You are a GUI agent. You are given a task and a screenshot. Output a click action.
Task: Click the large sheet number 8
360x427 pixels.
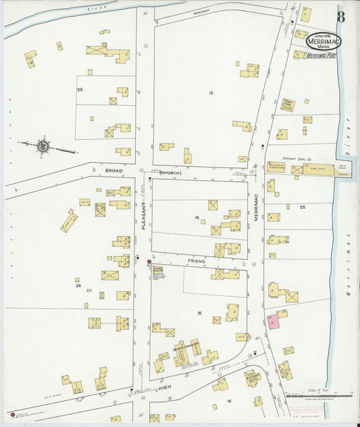(x=341, y=16)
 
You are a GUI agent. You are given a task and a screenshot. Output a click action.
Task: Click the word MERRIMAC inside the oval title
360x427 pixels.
(x=324, y=41)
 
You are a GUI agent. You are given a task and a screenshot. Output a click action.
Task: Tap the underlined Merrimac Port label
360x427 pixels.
(x=322, y=56)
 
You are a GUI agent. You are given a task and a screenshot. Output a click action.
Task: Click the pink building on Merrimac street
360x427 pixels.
(x=274, y=322)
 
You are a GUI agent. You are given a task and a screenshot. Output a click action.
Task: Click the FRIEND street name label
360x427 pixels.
(x=196, y=259)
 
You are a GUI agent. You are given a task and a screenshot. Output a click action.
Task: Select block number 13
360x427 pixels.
(x=211, y=92)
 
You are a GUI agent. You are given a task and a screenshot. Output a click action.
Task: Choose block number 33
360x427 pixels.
(x=80, y=89)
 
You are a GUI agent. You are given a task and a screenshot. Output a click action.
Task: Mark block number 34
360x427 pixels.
(x=78, y=286)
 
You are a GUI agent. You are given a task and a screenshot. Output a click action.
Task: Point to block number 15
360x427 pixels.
(x=200, y=313)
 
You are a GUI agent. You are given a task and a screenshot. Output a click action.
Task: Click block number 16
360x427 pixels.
(x=228, y=401)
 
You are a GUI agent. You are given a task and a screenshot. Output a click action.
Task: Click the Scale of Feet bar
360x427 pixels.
(x=318, y=395)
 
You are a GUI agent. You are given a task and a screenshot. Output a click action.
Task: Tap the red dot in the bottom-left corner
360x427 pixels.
(x=12, y=413)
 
